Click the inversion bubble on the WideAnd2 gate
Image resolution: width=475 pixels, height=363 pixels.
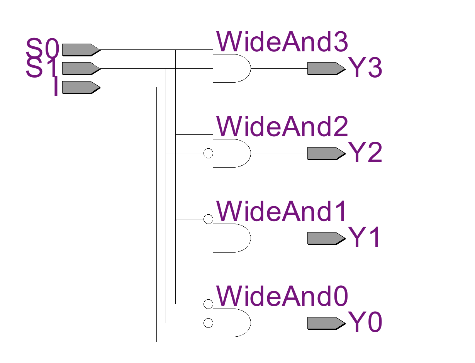tap(208, 153)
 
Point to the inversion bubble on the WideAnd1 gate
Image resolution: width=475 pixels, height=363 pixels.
tap(208, 219)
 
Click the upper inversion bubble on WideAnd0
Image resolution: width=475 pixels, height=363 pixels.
tap(208, 304)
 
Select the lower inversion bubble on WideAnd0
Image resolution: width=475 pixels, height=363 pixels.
tap(208, 323)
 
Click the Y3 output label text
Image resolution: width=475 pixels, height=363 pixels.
tap(365, 69)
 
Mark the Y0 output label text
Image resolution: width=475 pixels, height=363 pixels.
tap(365, 323)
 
